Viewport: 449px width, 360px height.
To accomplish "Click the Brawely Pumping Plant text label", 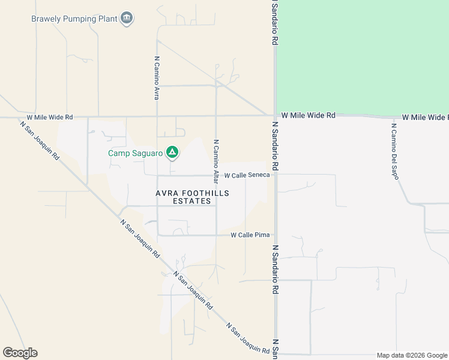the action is (74, 19).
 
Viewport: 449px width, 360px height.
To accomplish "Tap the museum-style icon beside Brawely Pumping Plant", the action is (127, 19).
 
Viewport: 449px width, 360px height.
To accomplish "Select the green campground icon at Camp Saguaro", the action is (172, 153).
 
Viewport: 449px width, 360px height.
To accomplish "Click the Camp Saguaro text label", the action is (136, 154).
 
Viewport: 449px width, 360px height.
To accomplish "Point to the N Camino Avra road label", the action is (157, 78).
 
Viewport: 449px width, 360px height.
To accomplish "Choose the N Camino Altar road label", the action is (215, 161).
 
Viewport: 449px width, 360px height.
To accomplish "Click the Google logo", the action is (20, 353).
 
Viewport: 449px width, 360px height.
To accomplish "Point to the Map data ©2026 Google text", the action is (412, 355).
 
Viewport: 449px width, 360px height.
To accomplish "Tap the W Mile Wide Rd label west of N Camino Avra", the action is (50, 117).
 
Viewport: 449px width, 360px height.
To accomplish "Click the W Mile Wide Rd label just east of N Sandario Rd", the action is (308, 115).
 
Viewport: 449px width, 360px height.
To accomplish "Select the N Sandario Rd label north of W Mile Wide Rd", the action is (274, 23).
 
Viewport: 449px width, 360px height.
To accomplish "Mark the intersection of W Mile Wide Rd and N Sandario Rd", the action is (275, 115).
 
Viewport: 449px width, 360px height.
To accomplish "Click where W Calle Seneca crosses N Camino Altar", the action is (216, 176).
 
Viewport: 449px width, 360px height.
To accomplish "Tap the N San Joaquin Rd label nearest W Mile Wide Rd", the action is (40, 142).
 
